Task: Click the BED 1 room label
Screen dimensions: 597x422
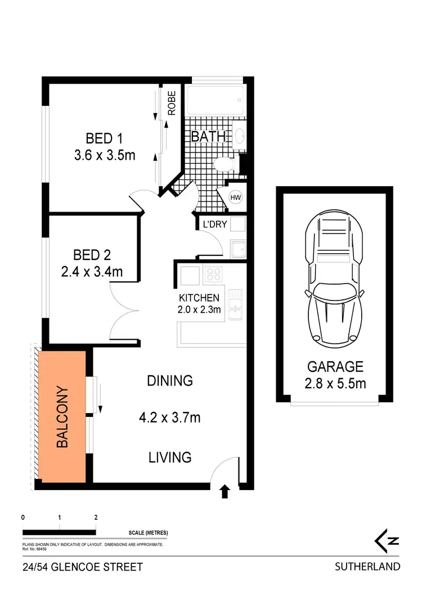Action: tap(104, 138)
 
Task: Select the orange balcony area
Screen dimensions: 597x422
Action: tap(62, 416)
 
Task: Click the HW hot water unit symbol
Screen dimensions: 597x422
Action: tap(236, 197)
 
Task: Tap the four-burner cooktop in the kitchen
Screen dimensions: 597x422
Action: tap(214, 274)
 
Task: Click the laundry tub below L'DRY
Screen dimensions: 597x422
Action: tap(238, 249)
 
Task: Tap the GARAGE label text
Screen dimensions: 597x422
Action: tap(335, 367)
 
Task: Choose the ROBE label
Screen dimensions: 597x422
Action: tap(172, 103)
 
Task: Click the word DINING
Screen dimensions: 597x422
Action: tap(170, 381)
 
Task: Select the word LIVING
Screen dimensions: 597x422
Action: tap(170, 457)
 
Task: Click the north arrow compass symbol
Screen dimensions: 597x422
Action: tap(388, 541)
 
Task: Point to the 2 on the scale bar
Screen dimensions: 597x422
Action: tap(96, 518)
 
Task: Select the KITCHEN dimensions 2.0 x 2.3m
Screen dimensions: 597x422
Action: tap(200, 308)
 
